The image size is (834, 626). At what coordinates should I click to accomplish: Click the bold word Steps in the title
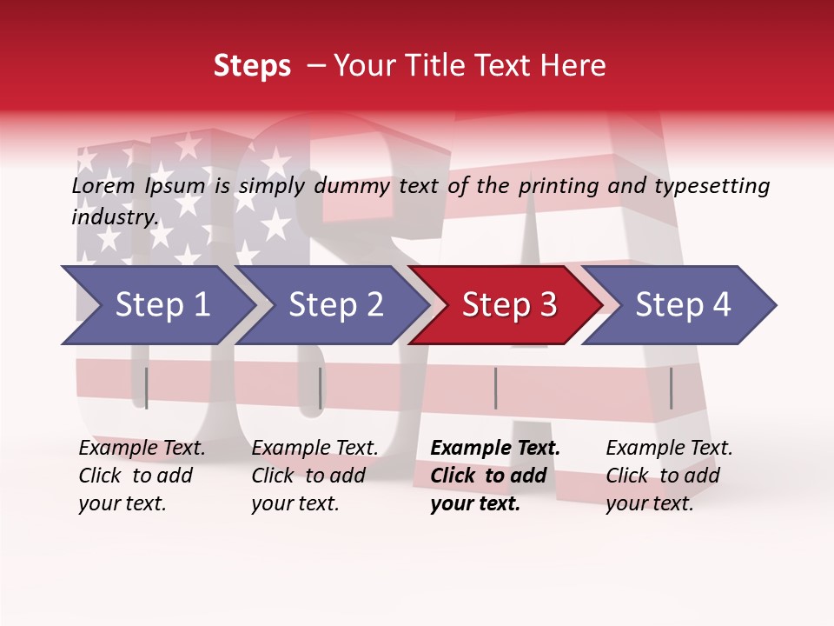pos(252,66)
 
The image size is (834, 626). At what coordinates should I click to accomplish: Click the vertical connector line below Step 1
pos(146,388)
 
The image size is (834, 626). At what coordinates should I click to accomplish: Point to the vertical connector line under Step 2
pos(321,388)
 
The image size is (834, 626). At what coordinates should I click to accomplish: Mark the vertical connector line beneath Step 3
pos(495,388)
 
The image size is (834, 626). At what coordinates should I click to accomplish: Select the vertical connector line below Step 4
pos(671,388)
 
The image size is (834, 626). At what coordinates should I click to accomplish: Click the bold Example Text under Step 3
pos(495,449)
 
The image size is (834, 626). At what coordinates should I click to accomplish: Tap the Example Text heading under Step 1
pos(142,449)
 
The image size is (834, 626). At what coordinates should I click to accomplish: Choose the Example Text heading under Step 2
pos(314,449)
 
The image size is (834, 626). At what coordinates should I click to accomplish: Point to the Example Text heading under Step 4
pos(669,449)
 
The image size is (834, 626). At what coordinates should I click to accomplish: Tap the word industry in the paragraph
pos(114,216)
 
